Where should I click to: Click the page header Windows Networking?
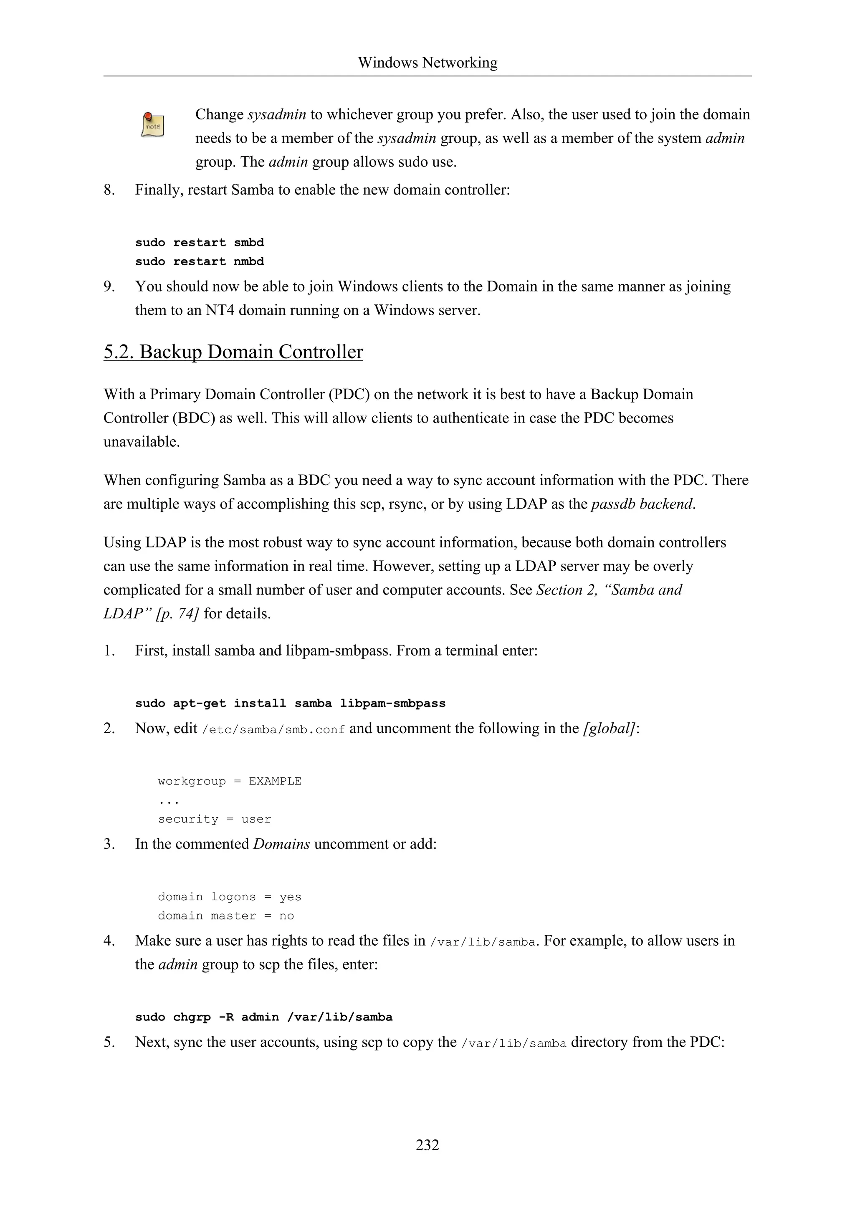(x=427, y=63)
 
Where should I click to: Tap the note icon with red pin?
(x=153, y=124)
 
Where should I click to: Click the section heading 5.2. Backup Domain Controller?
(x=233, y=352)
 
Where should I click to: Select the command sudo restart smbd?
(x=199, y=243)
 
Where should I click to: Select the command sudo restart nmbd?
(x=199, y=261)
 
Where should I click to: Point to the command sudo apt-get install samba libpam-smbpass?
(x=290, y=703)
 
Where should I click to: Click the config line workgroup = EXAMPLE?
(x=230, y=781)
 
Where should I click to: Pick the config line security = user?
(x=215, y=819)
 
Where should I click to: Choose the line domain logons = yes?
(x=230, y=896)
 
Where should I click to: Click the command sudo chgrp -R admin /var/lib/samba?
(x=264, y=1017)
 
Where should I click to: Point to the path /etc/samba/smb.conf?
(x=273, y=729)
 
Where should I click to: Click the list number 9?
(x=109, y=287)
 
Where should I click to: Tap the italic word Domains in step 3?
(x=281, y=844)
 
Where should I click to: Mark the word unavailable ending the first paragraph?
(x=141, y=442)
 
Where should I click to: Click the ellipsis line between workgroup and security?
(x=169, y=801)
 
